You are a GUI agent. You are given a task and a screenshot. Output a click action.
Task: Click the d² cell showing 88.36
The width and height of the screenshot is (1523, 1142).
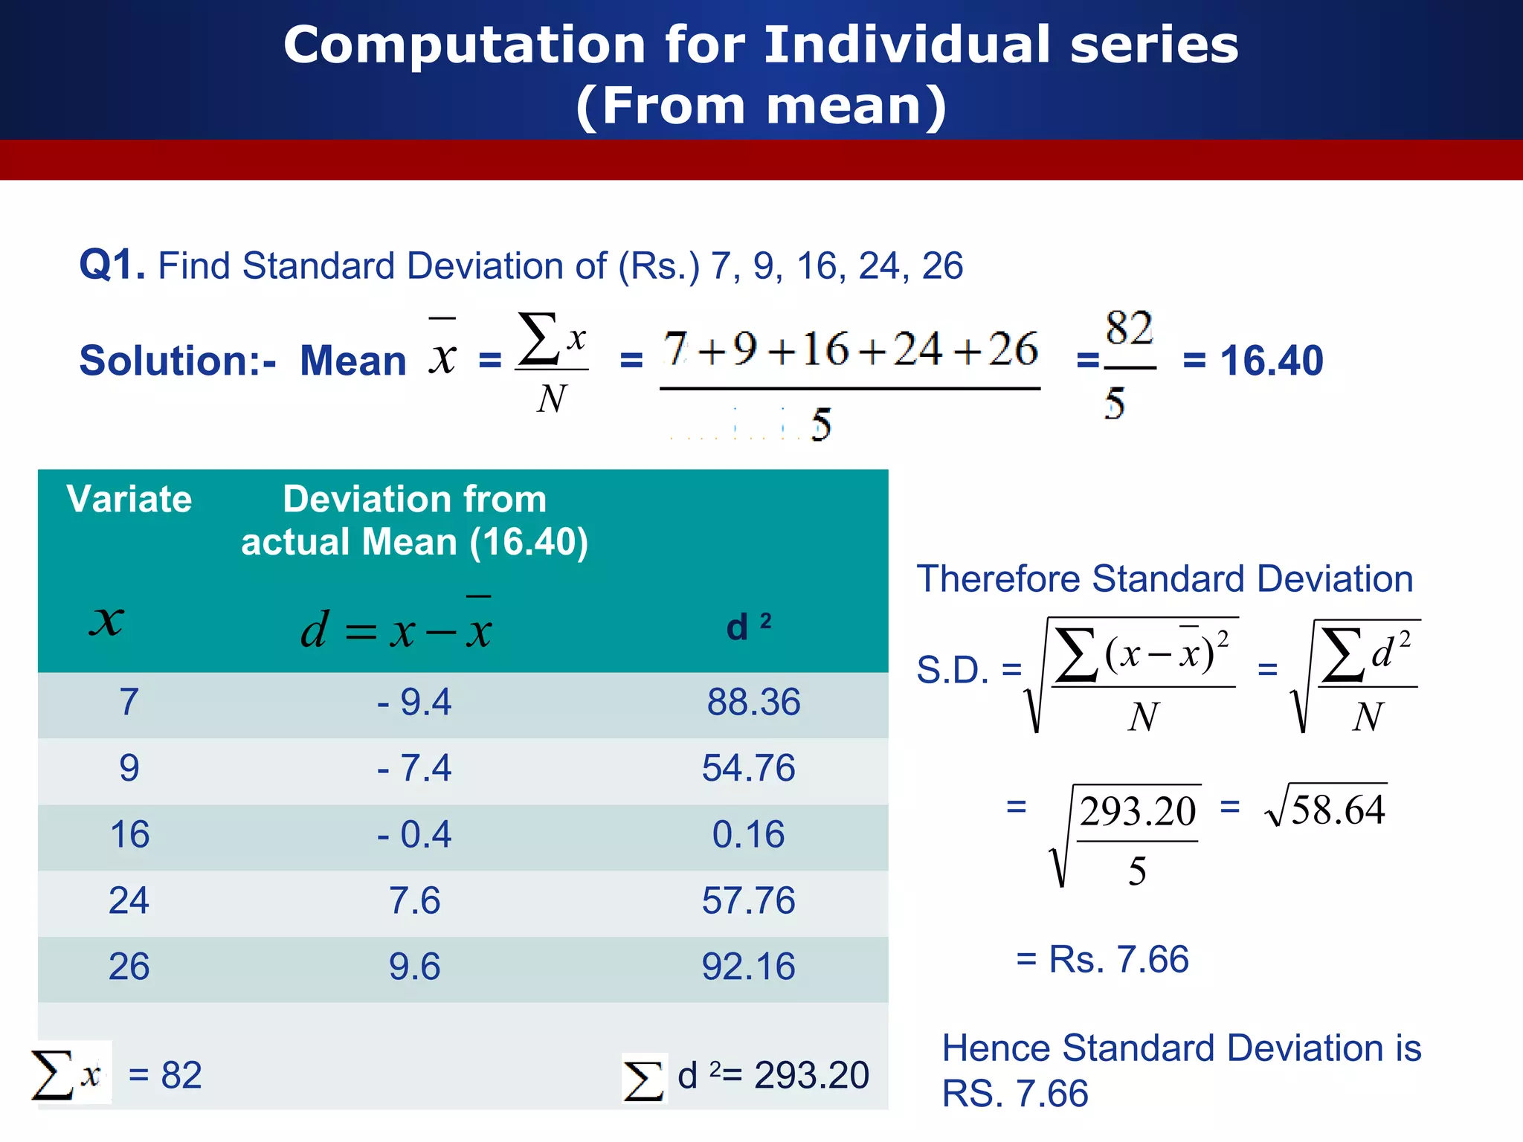(x=753, y=702)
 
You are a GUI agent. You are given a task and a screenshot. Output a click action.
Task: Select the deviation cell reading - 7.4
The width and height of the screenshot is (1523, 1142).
(x=414, y=768)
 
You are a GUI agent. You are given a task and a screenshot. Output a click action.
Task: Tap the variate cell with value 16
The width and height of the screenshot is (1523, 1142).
(x=129, y=834)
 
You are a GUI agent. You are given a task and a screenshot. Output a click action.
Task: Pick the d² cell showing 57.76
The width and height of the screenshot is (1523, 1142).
(x=748, y=900)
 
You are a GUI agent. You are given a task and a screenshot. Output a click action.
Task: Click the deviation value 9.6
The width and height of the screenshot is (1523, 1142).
(x=414, y=967)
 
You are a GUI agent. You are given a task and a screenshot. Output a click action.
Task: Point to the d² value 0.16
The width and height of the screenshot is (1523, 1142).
(x=748, y=834)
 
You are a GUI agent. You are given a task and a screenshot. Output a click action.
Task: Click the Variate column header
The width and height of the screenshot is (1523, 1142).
(x=129, y=499)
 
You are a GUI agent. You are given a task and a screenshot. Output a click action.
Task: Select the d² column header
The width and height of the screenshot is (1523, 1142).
(x=748, y=626)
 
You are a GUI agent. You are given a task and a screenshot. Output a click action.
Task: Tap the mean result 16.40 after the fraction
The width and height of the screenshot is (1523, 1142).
(x=1271, y=361)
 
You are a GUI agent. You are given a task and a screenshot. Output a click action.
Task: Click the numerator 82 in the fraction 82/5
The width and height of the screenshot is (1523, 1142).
(x=1129, y=329)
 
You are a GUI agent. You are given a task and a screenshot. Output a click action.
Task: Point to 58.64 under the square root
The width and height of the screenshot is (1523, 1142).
(x=1338, y=810)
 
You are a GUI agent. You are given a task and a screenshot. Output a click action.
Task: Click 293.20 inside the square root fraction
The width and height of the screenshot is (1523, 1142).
(x=1137, y=811)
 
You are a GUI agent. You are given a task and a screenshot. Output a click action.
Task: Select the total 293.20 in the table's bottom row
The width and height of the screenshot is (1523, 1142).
(x=811, y=1075)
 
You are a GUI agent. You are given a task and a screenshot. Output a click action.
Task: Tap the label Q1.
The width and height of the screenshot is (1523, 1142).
(x=112, y=265)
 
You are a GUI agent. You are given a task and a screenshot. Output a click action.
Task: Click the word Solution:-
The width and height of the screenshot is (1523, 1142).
(x=178, y=361)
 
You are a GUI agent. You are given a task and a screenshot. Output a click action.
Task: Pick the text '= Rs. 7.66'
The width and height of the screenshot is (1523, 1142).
(x=1103, y=959)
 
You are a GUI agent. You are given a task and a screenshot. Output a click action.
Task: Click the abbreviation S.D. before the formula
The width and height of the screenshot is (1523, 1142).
(x=952, y=670)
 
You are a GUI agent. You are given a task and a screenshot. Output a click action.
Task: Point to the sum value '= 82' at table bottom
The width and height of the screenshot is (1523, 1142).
(x=165, y=1075)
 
